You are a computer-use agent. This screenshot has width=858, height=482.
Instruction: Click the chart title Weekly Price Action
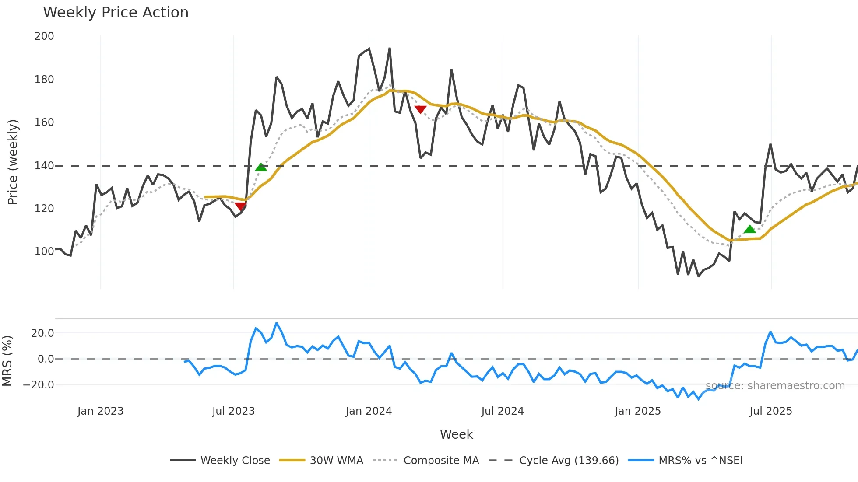pyautogui.click(x=116, y=13)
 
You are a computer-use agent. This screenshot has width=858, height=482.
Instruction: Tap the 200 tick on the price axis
pyautogui.click(x=44, y=36)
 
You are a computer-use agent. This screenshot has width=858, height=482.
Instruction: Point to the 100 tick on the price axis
pyautogui.click(x=44, y=251)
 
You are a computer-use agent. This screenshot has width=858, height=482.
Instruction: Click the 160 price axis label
pyautogui.click(x=44, y=122)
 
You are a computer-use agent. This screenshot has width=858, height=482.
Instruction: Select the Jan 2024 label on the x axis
pyautogui.click(x=369, y=411)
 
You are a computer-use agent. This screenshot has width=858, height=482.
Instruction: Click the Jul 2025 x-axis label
pyautogui.click(x=770, y=411)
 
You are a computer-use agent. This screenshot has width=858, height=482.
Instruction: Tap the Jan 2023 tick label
pyautogui.click(x=100, y=411)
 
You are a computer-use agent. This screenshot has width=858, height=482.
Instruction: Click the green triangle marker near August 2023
pyautogui.click(x=261, y=167)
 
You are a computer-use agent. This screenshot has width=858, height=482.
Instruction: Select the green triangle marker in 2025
pyautogui.click(x=750, y=229)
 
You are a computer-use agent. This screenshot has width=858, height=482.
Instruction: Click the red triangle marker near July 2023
pyautogui.click(x=240, y=206)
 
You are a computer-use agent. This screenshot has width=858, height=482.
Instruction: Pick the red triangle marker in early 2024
pyautogui.click(x=420, y=109)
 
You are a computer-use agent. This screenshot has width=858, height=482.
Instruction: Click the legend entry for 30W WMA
pyautogui.click(x=336, y=461)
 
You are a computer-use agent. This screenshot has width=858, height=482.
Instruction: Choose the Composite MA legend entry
pyautogui.click(x=441, y=461)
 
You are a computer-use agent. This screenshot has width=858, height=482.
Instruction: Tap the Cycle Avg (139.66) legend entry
pyautogui.click(x=569, y=461)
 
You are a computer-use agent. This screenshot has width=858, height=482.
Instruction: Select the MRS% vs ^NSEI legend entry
pyautogui.click(x=700, y=461)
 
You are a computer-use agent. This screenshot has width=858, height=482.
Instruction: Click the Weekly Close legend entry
pyautogui.click(x=235, y=461)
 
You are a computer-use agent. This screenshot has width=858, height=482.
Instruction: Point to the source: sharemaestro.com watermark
pyautogui.click(x=775, y=386)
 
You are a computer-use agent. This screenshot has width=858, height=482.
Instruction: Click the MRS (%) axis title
pyautogui.click(x=7, y=361)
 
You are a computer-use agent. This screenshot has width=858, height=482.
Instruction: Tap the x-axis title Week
pyautogui.click(x=456, y=434)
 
